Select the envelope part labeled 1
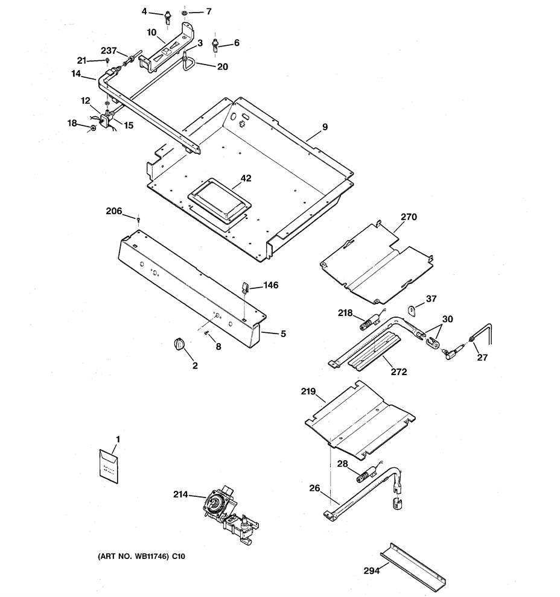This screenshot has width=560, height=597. click(x=109, y=466)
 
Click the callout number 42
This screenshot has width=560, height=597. click(x=246, y=178)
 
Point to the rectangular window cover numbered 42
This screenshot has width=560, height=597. click(x=220, y=200)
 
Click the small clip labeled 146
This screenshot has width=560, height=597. click(x=246, y=286)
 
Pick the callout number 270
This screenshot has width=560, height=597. click(x=409, y=216)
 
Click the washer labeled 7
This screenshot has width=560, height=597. click(x=185, y=13)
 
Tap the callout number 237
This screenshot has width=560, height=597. click(x=109, y=51)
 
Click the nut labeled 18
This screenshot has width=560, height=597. click(x=92, y=128)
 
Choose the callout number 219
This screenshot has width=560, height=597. click(x=308, y=391)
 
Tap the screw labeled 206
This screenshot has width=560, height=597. click(x=138, y=220)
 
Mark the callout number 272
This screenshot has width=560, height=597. click(x=399, y=371)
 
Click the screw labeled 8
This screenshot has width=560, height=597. click(x=207, y=333)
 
